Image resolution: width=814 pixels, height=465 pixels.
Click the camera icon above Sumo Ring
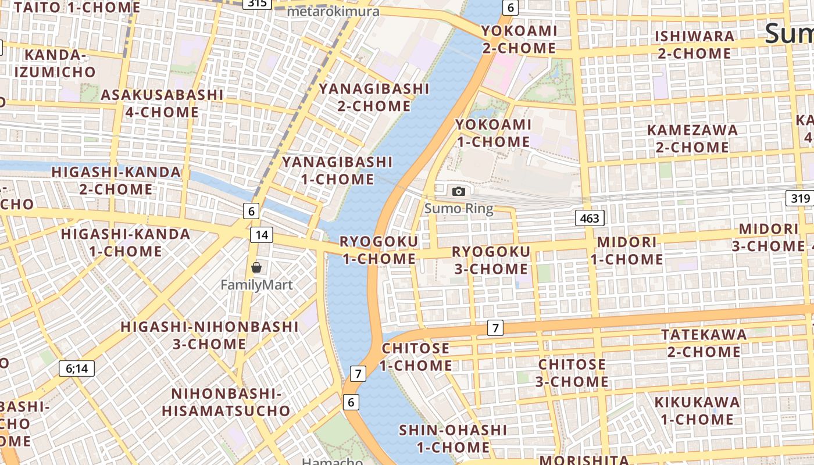coord(459,191)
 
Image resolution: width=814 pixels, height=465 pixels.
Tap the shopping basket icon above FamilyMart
coord(256,267)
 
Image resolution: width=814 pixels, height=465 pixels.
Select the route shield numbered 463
coord(590,218)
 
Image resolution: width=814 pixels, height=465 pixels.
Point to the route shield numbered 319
coord(800,198)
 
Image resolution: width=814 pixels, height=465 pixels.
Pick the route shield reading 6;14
coord(77,368)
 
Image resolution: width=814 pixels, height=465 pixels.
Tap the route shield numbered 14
coord(262,234)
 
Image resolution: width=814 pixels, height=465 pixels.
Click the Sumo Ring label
coord(459,209)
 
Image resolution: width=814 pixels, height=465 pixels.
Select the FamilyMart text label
coord(256,285)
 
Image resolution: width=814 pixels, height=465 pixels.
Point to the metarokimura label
coord(333,11)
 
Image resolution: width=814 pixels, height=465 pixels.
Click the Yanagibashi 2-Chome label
coord(374,97)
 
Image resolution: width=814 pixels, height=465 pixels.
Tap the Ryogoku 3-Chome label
coord(491,260)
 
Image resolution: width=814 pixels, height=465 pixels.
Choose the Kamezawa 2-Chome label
coord(692,138)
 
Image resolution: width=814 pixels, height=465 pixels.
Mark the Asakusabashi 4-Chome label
coord(162,103)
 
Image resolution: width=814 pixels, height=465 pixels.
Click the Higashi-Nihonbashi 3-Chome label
coord(209,335)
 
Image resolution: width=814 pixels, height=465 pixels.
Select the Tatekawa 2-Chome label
coord(704,343)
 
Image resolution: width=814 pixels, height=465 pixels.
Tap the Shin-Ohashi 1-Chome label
coord(453,438)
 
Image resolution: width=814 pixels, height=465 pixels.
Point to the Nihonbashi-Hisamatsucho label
coord(226,402)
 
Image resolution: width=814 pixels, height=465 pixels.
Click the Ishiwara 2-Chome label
coord(694,45)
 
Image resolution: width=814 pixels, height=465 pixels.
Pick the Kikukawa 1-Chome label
coord(697,410)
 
